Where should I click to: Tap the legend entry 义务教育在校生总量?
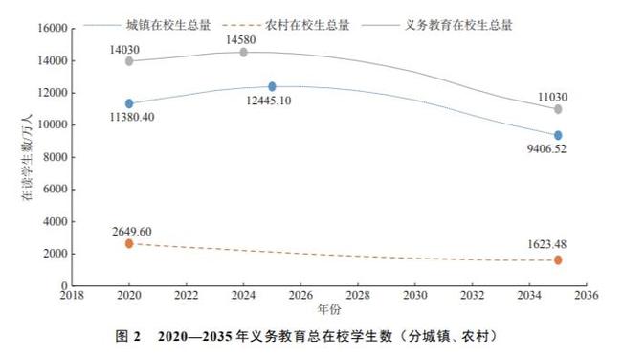point(459,25)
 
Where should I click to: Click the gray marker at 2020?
point(129,60)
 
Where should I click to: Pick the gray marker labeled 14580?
point(243,52)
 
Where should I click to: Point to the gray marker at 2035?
point(558,109)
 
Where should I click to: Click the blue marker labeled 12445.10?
point(272,86)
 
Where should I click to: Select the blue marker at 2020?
point(129,103)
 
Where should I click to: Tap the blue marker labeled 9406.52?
point(558,135)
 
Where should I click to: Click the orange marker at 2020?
point(129,243)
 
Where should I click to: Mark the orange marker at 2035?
point(558,259)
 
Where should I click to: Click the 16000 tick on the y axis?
point(51,29)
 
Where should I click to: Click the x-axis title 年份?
point(328,310)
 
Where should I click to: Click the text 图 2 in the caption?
point(128,337)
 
